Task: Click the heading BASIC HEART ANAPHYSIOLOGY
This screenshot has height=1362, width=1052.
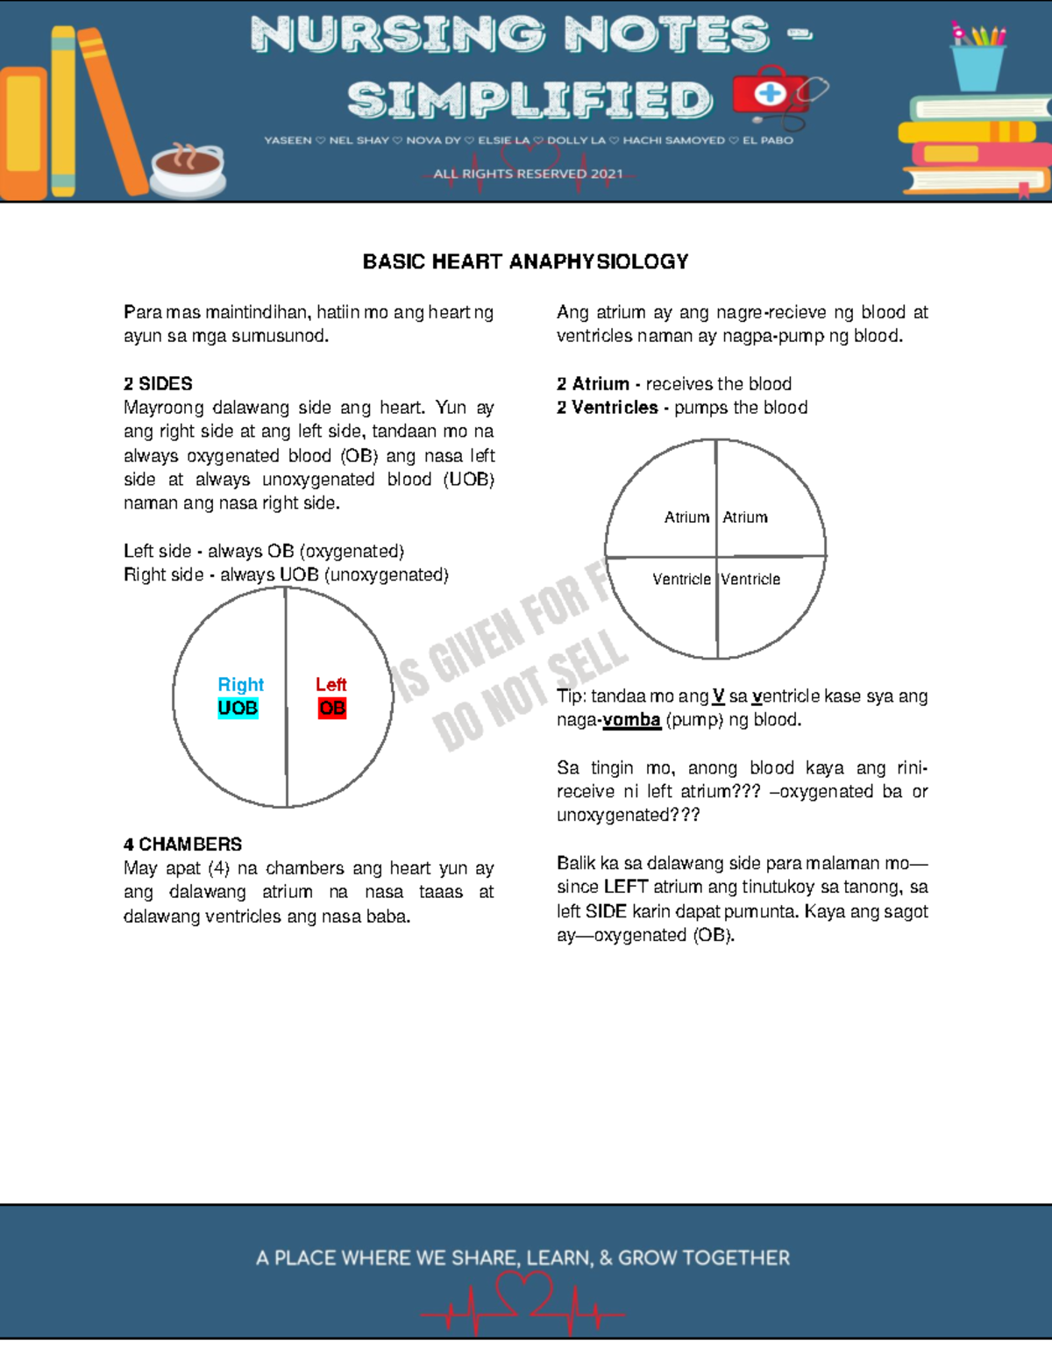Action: click(525, 261)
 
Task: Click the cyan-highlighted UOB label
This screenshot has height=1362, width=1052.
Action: click(238, 708)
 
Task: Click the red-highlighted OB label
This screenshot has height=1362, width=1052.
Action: click(332, 708)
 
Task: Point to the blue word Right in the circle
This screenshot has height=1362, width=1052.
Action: click(240, 684)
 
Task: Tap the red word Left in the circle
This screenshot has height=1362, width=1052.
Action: click(331, 684)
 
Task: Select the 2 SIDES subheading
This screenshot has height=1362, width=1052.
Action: click(158, 383)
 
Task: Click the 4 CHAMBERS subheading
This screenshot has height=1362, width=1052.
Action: click(182, 844)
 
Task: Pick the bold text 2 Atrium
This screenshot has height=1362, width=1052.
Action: click(593, 383)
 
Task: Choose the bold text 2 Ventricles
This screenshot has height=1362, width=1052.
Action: click(607, 407)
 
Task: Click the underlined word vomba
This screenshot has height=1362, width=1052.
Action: click(631, 720)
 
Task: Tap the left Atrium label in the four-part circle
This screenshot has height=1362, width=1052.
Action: click(686, 517)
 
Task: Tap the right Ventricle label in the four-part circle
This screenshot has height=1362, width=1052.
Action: click(750, 579)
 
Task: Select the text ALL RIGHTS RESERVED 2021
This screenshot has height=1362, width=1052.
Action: click(528, 174)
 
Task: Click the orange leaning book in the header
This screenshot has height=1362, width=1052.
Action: click(111, 110)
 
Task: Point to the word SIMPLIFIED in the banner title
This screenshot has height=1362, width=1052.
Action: click(530, 99)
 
